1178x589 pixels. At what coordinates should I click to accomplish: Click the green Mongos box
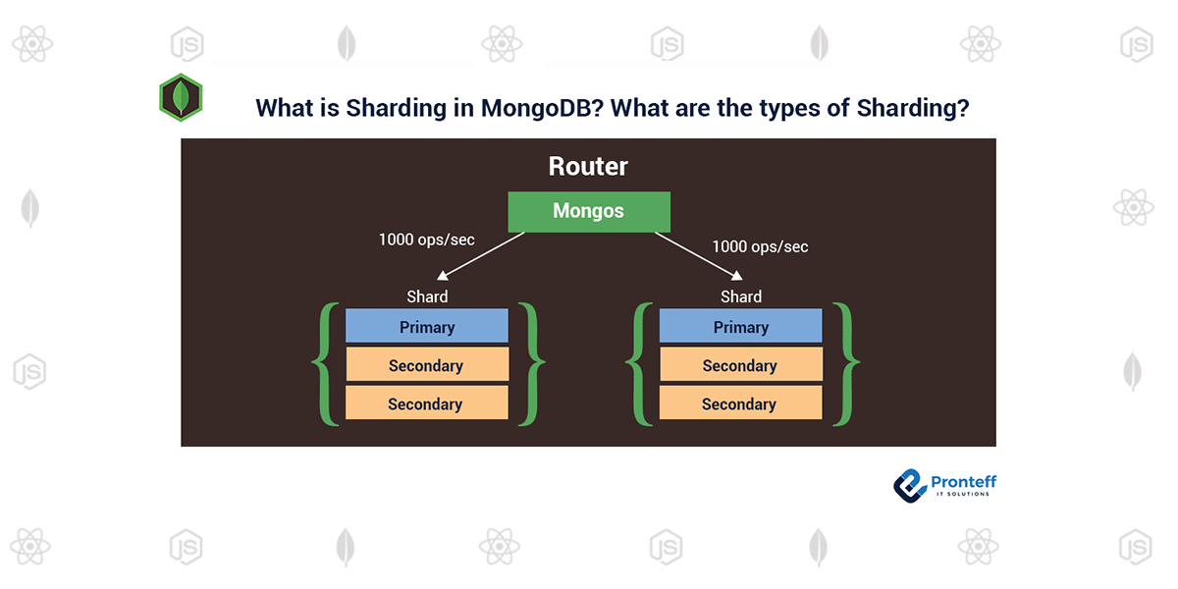click(x=588, y=211)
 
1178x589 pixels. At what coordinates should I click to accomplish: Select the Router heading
click(x=588, y=167)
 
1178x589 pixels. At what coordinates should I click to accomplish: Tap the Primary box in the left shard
click(x=427, y=327)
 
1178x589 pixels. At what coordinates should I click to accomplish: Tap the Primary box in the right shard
click(x=740, y=327)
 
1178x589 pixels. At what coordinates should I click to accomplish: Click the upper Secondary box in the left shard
click(x=427, y=365)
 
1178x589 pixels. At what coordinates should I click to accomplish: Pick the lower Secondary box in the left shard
click(x=427, y=403)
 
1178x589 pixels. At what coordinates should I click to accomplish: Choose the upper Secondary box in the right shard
click(x=740, y=365)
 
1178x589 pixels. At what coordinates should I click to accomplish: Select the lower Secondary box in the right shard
click(x=740, y=403)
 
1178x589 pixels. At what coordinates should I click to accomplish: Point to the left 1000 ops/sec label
click(x=426, y=239)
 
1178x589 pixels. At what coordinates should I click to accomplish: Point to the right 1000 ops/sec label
click(x=760, y=246)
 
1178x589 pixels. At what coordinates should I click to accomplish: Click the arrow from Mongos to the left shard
click(x=480, y=256)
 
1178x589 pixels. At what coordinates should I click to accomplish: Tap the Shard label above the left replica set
click(x=427, y=296)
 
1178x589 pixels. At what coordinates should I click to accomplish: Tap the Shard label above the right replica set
click(x=740, y=296)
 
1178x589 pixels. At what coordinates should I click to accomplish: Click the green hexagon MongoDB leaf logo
click(x=181, y=97)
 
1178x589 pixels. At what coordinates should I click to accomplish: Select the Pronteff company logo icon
click(x=909, y=484)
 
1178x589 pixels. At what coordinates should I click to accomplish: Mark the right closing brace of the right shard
click(x=845, y=364)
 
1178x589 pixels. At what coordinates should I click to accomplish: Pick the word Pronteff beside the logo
click(x=963, y=481)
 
